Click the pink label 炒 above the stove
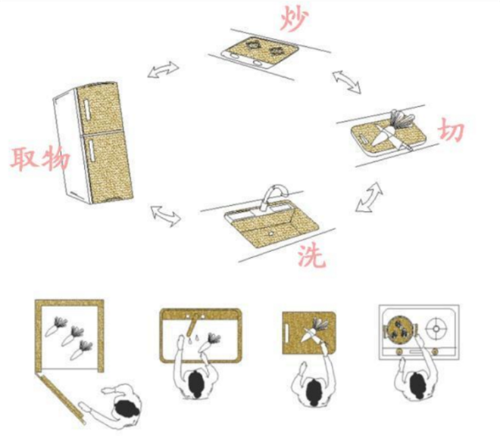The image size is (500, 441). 295,18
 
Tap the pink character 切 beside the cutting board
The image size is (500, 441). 451,130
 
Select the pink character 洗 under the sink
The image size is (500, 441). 312,255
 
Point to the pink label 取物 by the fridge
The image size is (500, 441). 39,158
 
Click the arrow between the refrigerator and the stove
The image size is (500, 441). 164,70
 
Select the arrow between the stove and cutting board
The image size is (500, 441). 347,82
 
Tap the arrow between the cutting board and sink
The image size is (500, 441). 369,197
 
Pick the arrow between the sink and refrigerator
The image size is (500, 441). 166,216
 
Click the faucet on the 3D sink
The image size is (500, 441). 274,195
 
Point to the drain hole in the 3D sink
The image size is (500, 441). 271,234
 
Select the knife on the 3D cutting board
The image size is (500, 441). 393,135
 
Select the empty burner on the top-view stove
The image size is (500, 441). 436,329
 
